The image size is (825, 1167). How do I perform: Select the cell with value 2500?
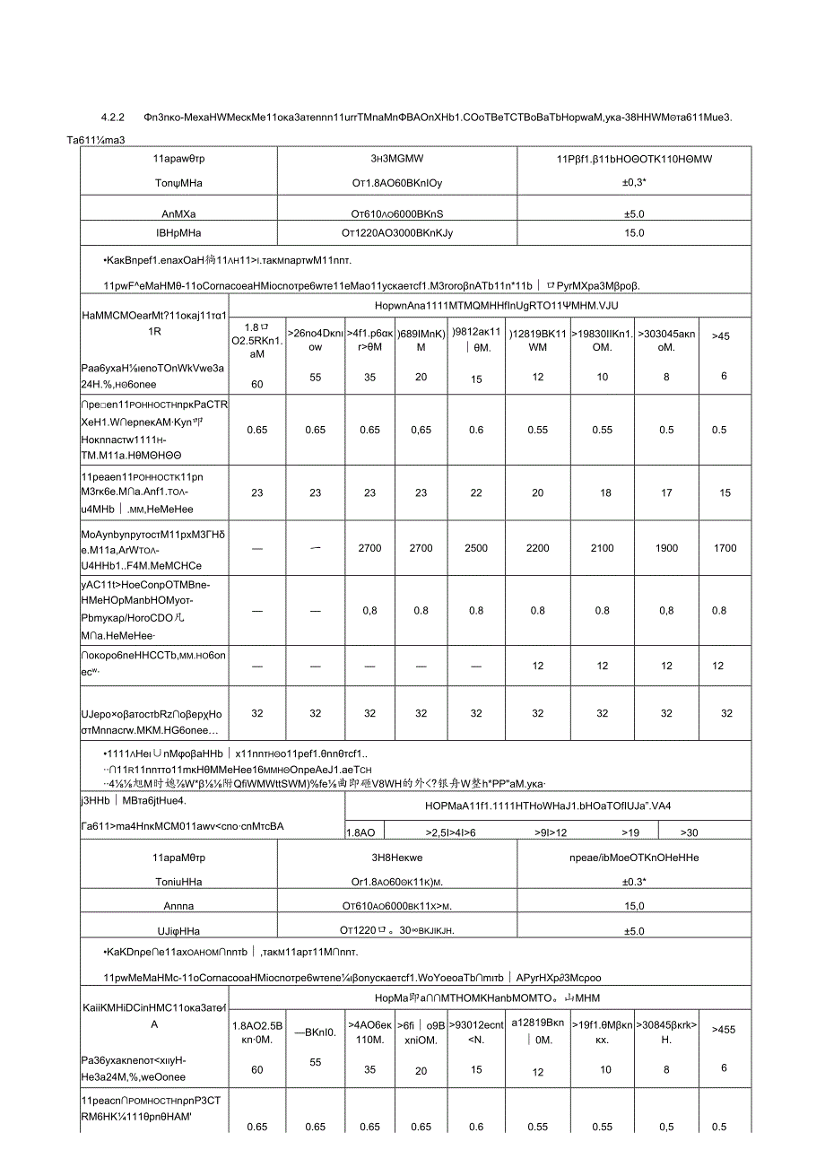[476, 548]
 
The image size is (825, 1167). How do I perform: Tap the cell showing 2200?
[537, 548]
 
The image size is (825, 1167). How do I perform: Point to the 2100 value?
[602, 548]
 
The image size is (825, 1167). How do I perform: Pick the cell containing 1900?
[666, 548]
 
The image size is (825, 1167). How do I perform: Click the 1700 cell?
[725, 548]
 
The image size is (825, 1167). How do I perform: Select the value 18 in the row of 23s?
[602, 492]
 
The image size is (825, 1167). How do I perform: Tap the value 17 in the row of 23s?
[666, 492]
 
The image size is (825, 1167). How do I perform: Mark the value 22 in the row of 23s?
[476, 492]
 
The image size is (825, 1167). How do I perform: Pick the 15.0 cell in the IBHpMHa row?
[634, 233]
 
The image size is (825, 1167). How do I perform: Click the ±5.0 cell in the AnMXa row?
[634, 214]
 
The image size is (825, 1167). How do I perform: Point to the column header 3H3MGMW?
[398, 159]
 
